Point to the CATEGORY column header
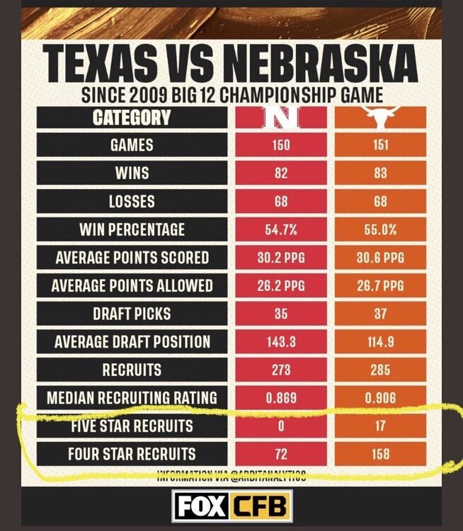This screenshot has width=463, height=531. coord(132,118)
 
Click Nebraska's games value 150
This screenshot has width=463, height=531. coord(281,146)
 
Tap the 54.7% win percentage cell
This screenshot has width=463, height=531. coord(281,229)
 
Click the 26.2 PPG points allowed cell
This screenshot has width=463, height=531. coord(281,285)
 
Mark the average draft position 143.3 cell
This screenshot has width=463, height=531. coord(281,341)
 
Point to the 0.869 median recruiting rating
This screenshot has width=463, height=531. coord(281,397)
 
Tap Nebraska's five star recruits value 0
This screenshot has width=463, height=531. coord(281,426)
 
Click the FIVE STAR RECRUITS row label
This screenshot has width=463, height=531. coord(132,426)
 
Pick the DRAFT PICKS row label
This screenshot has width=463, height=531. coord(132,314)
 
